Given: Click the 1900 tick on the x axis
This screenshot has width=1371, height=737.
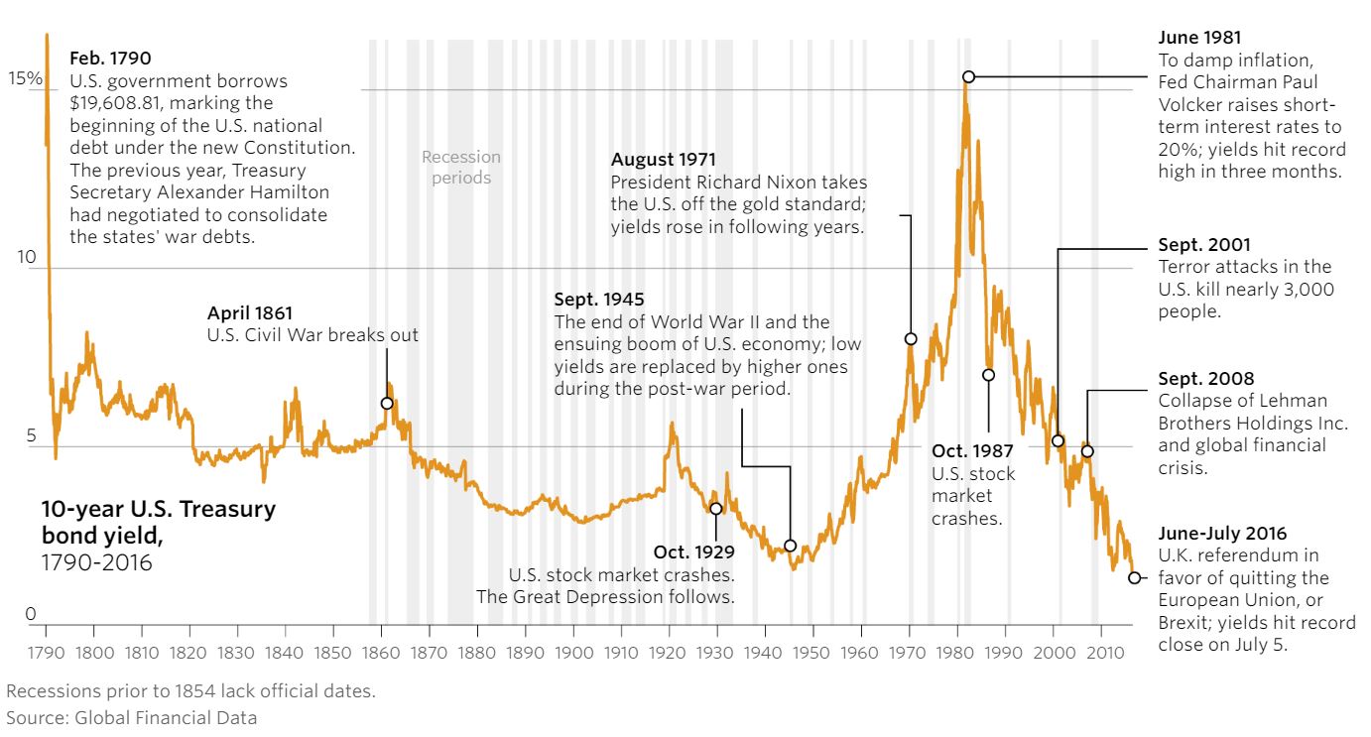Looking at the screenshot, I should point(573,654).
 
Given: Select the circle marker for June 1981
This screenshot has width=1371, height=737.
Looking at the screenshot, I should point(968,76).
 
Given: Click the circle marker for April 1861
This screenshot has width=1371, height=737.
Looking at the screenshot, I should point(387,403).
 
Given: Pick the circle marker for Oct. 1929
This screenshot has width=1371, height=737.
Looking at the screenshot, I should point(715,509).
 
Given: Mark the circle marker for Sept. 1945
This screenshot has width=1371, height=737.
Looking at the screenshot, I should point(790,545).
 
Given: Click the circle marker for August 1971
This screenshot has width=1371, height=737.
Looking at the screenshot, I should point(911,339).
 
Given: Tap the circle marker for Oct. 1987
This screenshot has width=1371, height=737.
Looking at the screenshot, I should point(988,375).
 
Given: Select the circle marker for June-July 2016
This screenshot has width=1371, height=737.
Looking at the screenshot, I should point(1134,577).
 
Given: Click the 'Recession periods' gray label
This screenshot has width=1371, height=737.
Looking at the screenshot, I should point(461,168).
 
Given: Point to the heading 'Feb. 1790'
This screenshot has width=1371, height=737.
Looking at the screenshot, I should point(111,59).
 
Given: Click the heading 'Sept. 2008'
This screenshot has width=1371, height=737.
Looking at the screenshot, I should point(1205,379).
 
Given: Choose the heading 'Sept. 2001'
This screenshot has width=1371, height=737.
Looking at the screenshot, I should point(1204,245).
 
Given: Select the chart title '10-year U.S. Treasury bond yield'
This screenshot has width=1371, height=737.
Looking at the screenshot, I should point(158,522).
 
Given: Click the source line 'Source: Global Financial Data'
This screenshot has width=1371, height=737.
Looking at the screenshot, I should point(131,717).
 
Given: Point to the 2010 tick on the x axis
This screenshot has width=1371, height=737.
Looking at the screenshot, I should point(1101,654).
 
